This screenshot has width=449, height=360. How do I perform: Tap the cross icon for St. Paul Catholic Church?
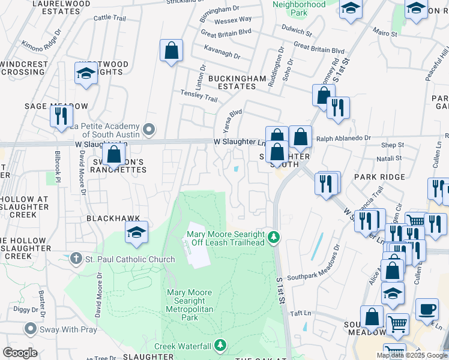coord(76,259)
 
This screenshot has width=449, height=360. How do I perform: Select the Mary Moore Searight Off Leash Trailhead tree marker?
coord(274,238)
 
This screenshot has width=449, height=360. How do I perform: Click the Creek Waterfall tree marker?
coord(221,345)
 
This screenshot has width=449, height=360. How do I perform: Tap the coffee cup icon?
coord(427,309)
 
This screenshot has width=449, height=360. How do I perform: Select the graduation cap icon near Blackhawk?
coord(137,232)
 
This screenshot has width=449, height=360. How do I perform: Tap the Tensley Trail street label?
coord(199,96)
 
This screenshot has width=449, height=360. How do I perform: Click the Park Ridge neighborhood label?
coord(379,177)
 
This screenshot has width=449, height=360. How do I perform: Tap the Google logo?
coord(20,352)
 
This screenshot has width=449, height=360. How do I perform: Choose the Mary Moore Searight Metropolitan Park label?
coord(189,305)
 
